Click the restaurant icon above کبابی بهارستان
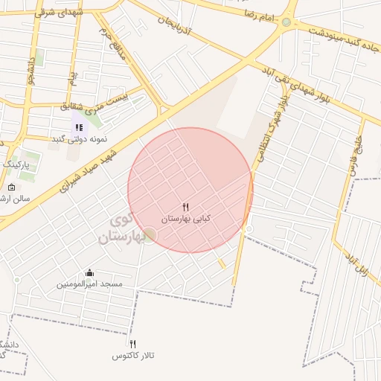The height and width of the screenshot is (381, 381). click(x=186, y=207)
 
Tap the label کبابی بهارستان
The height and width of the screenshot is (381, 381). click(x=187, y=219)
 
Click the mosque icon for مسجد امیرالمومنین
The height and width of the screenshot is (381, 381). click(x=90, y=272)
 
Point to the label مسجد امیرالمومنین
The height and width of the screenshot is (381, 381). click(x=90, y=284)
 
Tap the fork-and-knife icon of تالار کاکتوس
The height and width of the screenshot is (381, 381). click(x=133, y=344)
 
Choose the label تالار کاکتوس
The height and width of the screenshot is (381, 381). click(x=133, y=356)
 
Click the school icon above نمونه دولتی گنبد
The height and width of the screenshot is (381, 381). click(x=79, y=127)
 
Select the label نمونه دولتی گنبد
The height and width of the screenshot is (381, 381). click(x=80, y=139)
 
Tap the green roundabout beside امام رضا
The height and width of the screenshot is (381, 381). click(x=286, y=22)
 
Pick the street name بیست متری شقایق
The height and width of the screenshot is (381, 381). click(x=103, y=103)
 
